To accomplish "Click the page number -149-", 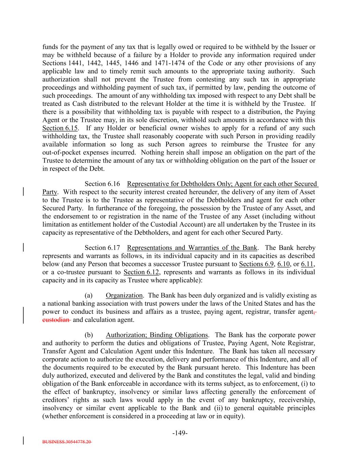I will pos(180,433).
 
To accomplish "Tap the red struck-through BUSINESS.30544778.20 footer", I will pos(67,441).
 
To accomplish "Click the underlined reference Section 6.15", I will pos(60,128).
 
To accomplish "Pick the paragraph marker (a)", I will pos(88,296).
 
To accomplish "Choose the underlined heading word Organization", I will pos(124,296).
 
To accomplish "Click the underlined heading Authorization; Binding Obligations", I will pos(157,335).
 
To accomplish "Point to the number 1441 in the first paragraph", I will pos(75,63).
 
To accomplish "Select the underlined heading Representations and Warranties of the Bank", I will pos(192,248).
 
